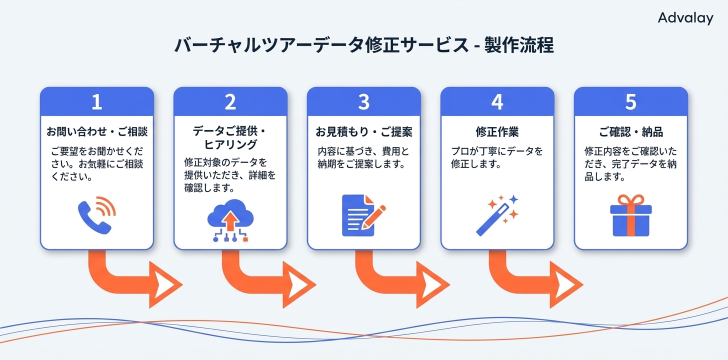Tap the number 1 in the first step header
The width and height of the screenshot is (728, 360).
coord(96,102)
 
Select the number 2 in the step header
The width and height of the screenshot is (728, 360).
coord(230,102)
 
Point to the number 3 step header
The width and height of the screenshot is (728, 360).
coord(363,102)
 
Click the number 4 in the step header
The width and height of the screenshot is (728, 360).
coord(497,102)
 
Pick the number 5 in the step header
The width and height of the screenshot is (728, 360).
coord(630,102)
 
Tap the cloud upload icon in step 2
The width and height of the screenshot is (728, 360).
coord(230,220)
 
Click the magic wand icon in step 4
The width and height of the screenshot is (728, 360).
coord(497,215)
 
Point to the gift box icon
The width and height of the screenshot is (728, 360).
coord(630,215)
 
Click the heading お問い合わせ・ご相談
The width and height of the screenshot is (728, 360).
coord(96,132)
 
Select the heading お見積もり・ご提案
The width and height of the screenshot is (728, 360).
coord(363,132)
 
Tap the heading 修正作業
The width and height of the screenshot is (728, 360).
coord(497,132)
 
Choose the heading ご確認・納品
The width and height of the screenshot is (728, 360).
coord(630,132)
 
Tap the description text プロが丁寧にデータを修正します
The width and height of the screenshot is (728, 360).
coord(496,157)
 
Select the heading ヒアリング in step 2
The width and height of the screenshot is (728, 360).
coord(230,145)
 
